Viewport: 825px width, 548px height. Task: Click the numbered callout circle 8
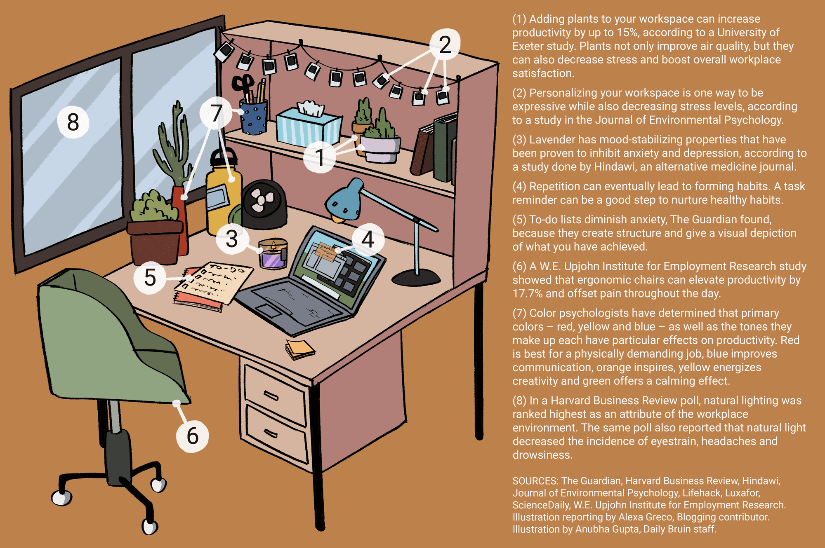tap(73, 122)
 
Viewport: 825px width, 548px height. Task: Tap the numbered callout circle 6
tap(193, 436)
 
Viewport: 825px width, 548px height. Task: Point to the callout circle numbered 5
tap(150, 277)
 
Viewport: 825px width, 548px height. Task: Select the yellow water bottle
tap(223, 192)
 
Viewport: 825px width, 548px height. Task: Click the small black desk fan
tap(264, 204)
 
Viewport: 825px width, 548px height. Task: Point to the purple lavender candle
tap(273, 253)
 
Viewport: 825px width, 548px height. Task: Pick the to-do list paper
tap(214, 283)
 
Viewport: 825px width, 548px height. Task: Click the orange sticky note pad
tap(300, 349)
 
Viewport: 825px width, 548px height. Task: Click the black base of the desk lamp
tap(416, 278)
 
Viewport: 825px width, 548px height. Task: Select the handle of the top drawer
tap(271, 396)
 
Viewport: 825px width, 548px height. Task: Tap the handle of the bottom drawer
tap(271, 433)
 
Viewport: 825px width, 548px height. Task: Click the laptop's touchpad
tap(270, 310)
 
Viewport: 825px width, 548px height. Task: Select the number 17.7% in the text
tap(528, 293)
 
